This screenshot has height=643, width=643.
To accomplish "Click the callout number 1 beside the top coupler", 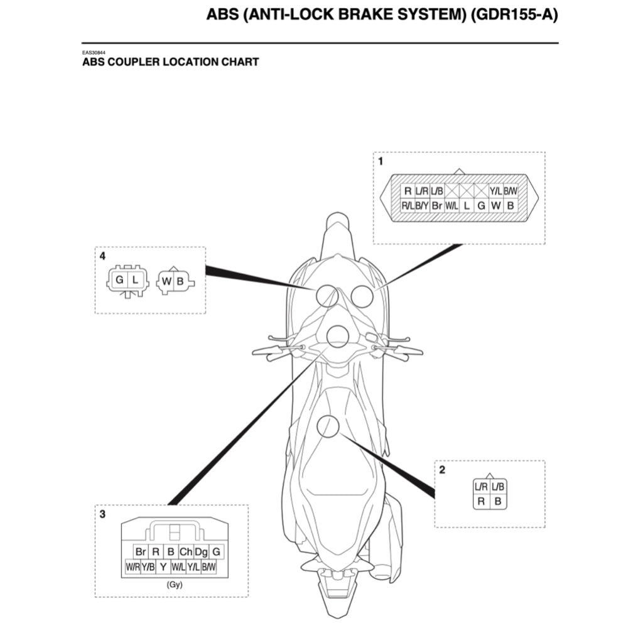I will click(x=381, y=161).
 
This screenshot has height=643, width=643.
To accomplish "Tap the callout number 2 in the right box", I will click(x=442, y=470).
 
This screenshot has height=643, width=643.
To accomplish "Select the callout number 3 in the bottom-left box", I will click(x=102, y=514).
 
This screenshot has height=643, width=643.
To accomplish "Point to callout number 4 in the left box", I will click(x=102, y=256).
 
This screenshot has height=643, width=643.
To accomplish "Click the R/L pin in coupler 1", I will click(x=407, y=205).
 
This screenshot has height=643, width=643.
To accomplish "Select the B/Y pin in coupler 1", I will click(x=422, y=205).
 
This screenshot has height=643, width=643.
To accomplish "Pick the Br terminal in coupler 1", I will click(x=437, y=205).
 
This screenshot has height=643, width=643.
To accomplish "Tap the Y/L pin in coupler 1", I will click(x=496, y=191).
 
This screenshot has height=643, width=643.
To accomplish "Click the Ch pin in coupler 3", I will click(x=186, y=551).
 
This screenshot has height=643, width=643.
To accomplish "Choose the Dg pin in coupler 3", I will click(x=202, y=551).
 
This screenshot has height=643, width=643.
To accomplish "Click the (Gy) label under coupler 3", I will click(x=175, y=584).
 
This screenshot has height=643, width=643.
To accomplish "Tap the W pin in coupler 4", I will click(x=166, y=281).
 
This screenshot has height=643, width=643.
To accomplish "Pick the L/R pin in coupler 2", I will click(x=481, y=487).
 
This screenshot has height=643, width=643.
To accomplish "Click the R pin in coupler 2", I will click(x=481, y=501).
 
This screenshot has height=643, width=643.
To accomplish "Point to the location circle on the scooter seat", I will click(x=328, y=426).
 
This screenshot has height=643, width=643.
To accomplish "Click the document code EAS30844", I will click(x=93, y=53).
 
